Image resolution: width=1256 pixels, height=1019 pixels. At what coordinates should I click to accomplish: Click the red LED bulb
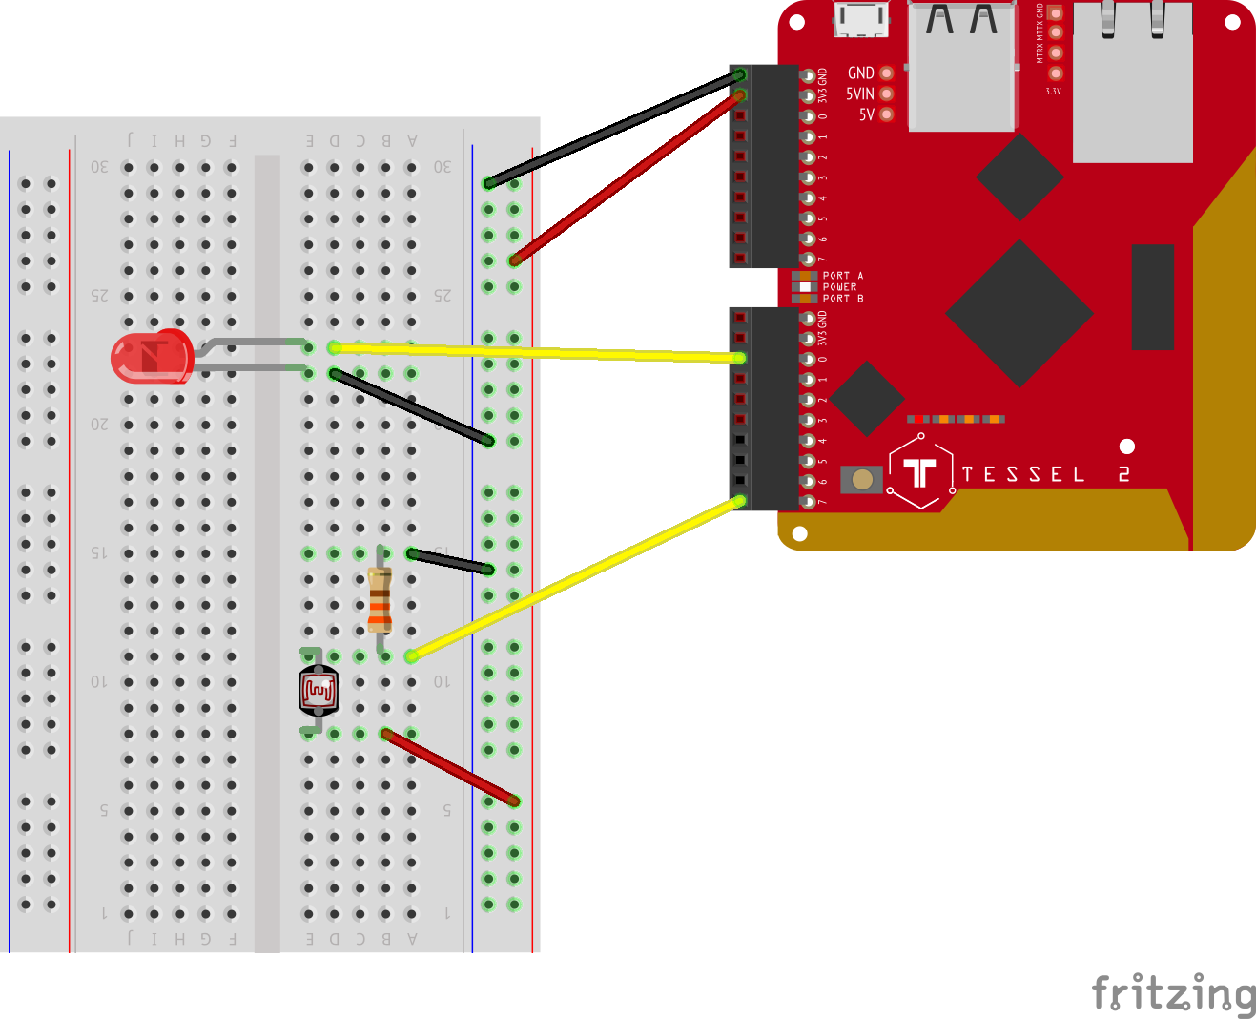(153, 357)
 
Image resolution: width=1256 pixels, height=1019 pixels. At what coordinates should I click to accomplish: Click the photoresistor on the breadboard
(319, 691)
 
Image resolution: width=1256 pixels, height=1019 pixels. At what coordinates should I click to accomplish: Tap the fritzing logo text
(1173, 994)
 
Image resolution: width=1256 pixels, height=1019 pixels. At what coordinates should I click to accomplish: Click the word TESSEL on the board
(1023, 475)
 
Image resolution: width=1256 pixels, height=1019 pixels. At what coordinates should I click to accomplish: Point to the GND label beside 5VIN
(860, 73)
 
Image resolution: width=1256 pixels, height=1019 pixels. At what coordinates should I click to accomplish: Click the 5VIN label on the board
(859, 94)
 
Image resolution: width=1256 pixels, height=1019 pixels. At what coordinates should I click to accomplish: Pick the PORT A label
(842, 276)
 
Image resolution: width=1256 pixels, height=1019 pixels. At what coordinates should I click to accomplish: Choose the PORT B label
(842, 299)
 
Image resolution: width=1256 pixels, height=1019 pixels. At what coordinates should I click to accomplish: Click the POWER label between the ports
(839, 287)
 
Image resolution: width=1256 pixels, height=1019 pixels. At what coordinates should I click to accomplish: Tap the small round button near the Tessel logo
(862, 479)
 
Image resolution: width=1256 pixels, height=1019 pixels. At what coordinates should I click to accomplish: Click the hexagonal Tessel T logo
(920, 471)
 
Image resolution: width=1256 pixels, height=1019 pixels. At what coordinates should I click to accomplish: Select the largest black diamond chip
(1019, 313)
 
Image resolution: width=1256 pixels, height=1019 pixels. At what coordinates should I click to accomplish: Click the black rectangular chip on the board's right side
(1152, 297)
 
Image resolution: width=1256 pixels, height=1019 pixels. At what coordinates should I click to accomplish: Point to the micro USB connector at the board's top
(861, 19)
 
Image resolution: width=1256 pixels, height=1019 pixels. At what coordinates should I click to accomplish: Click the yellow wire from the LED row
(534, 352)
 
